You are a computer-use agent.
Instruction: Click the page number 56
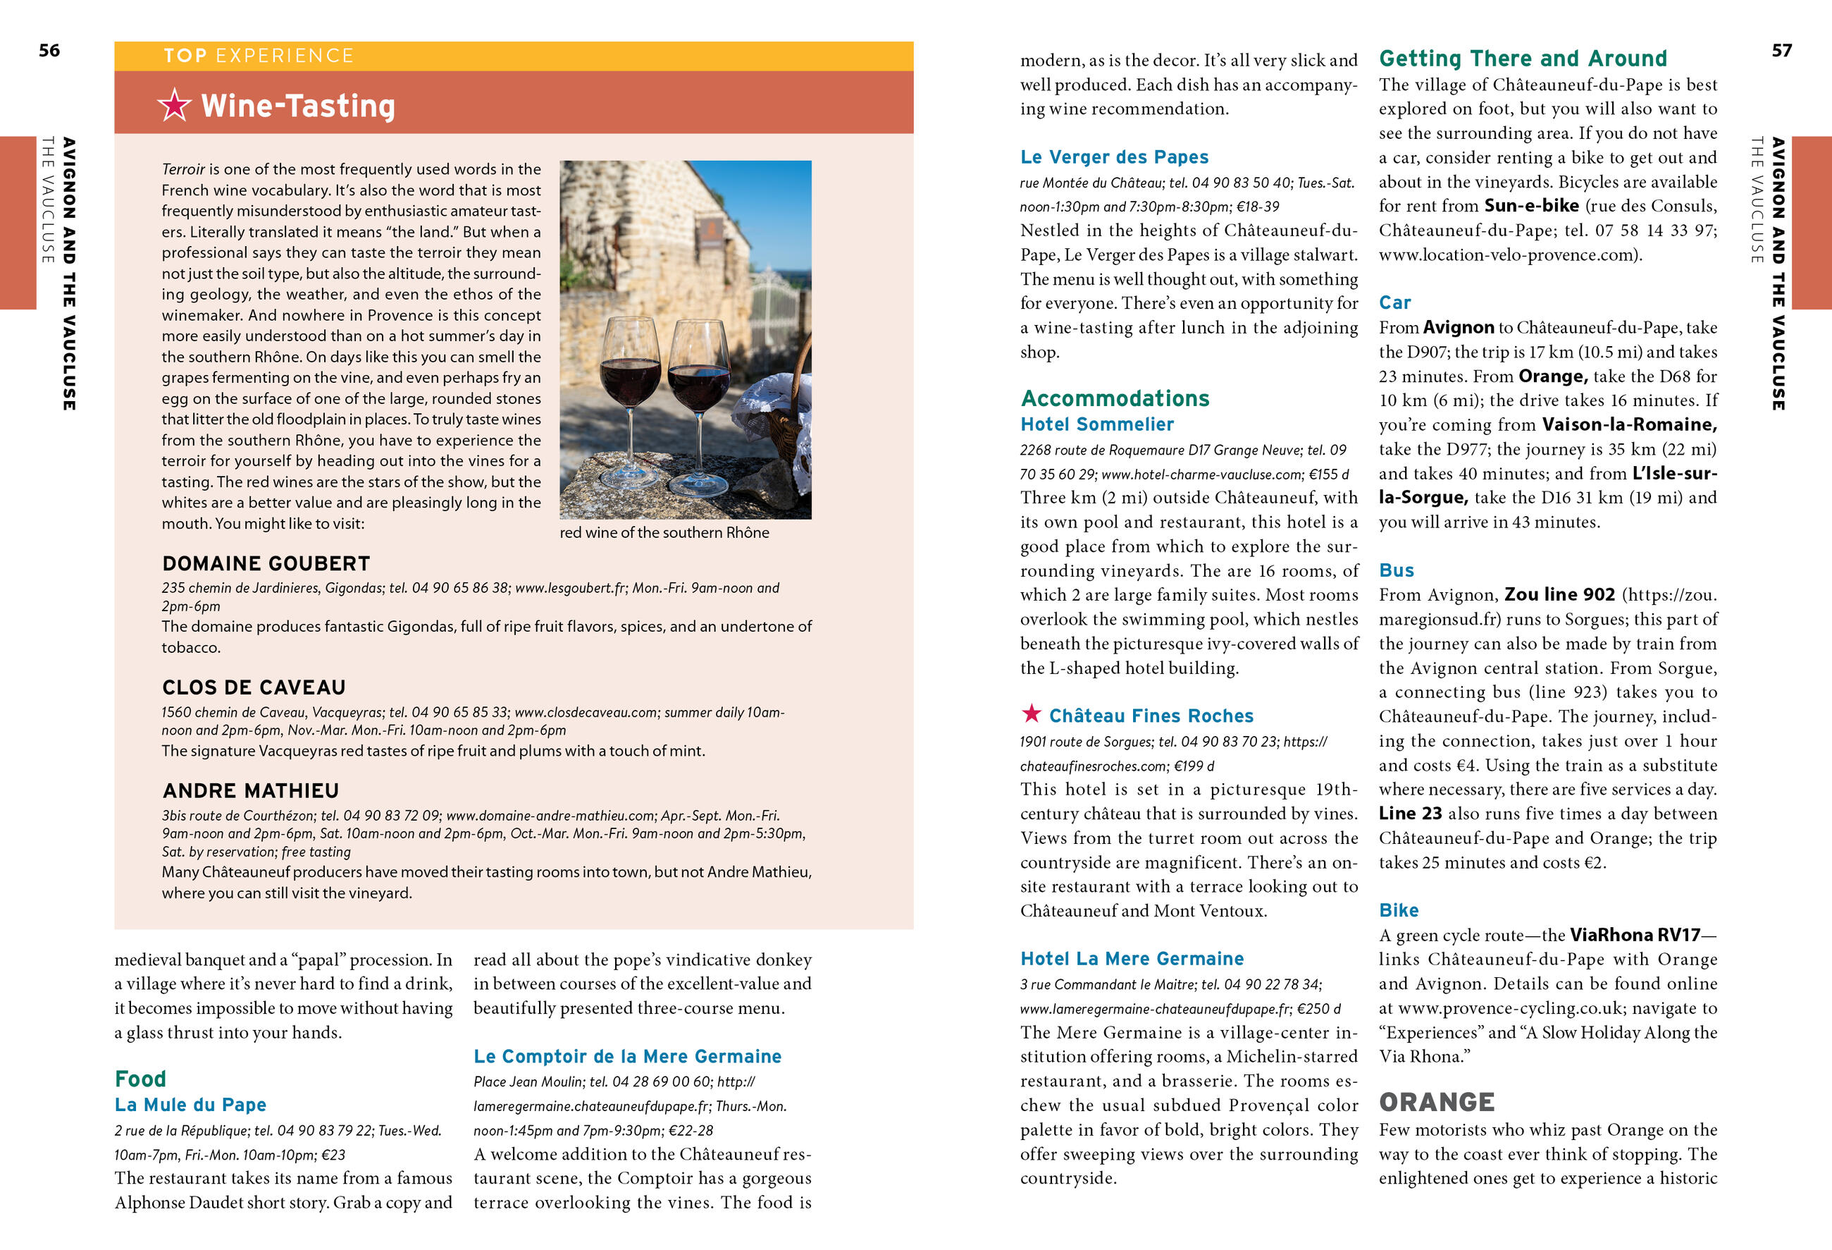[x=49, y=51]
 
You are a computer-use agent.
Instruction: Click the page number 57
[x=1781, y=51]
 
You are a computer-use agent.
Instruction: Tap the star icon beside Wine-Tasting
[x=174, y=105]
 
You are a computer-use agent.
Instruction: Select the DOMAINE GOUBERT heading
[x=266, y=563]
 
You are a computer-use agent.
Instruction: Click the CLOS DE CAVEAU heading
[x=254, y=687]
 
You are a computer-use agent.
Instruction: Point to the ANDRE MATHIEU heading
[x=251, y=790]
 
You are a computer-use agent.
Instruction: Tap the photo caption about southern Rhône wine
[x=664, y=532]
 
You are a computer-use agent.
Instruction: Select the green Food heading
[x=140, y=1078]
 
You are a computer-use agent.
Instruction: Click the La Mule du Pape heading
[x=190, y=1104]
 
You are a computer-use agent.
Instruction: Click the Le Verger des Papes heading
[x=1114, y=157]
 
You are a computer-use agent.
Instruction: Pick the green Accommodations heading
[x=1115, y=398]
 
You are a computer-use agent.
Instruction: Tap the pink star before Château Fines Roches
[x=1031, y=713]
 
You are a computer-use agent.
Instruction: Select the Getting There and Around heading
[x=1522, y=59]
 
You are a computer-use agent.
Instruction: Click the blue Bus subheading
[x=1396, y=570]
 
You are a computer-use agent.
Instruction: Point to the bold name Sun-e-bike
[x=1531, y=206]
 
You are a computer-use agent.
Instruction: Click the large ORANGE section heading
[x=1436, y=1101]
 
